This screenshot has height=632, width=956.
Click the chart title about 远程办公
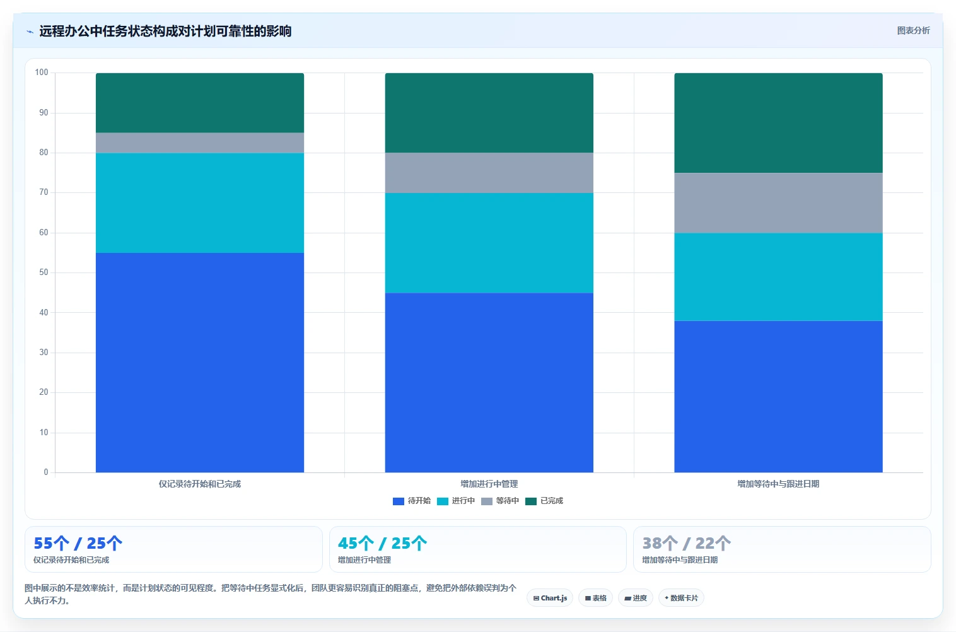point(165,31)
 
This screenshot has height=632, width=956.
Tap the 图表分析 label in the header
point(913,31)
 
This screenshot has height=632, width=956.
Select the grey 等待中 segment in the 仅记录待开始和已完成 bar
point(200,143)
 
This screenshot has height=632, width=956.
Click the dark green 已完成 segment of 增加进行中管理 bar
point(489,113)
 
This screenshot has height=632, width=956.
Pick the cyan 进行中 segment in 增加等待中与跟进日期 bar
point(778,277)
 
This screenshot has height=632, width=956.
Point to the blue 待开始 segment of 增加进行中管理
point(489,383)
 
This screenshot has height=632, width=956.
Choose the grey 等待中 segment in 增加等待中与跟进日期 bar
point(778,203)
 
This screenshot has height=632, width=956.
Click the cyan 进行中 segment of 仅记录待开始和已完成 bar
point(200,203)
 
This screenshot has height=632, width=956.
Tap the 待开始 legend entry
point(411,501)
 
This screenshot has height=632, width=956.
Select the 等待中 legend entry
point(500,501)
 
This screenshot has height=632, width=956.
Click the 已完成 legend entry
point(544,501)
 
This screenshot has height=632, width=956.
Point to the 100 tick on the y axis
point(42,72)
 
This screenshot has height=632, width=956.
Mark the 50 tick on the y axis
point(44,272)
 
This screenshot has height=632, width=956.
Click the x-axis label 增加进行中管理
point(489,484)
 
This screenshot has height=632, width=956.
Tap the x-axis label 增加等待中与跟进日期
point(778,484)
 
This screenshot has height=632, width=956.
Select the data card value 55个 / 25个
point(78,543)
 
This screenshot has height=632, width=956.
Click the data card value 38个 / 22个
point(687,543)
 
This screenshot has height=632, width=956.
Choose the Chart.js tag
point(550,598)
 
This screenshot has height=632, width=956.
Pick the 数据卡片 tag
point(681,598)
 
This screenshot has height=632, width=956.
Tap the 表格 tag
point(595,598)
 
